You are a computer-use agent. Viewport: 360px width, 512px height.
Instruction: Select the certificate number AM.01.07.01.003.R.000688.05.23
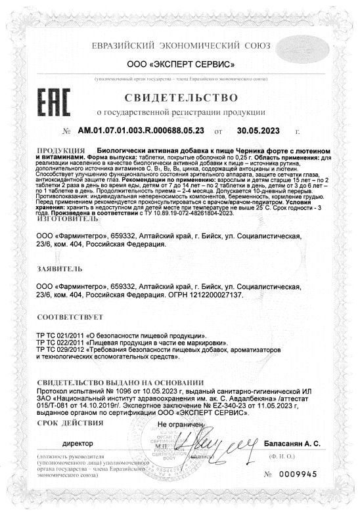tap(150, 131)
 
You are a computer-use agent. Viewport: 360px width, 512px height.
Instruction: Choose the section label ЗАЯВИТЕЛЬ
tap(60, 269)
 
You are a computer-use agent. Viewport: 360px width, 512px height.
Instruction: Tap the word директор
tap(77, 444)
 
